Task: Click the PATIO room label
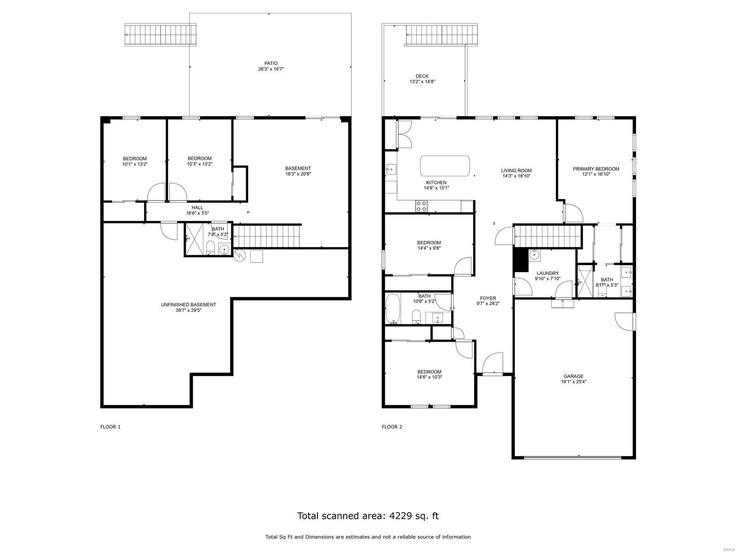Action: pos(271,63)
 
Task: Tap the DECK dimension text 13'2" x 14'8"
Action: pos(422,81)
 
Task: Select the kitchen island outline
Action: pos(445,166)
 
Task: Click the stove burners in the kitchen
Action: pos(421,206)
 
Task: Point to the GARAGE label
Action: pos(573,376)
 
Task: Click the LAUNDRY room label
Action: pos(547,273)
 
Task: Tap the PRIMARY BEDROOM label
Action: pos(596,169)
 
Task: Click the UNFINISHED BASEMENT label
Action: pos(189,305)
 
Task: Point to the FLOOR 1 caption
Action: pos(110,427)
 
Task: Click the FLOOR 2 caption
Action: pos(391,427)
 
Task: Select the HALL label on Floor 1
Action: pos(197,207)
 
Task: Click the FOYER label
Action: pos(488,298)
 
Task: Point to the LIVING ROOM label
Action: pos(517,170)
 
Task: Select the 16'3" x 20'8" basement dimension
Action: pos(298,174)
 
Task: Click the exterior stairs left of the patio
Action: pos(160,34)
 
